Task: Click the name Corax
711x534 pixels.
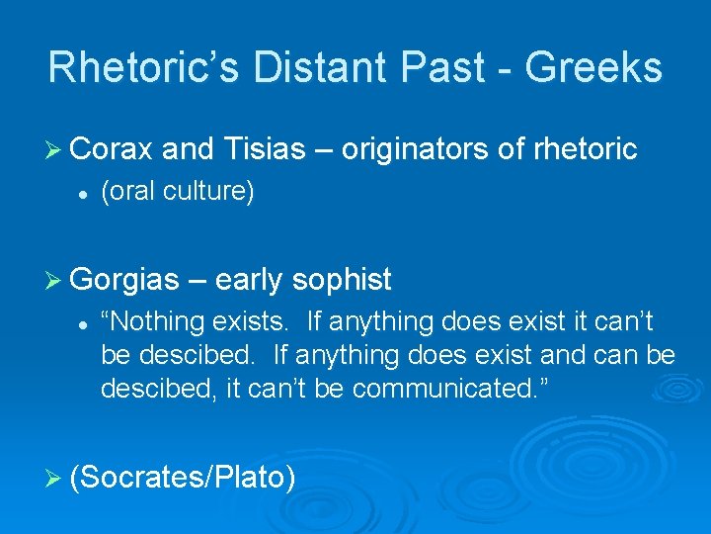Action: (x=113, y=149)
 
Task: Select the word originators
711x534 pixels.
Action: (x=430, y=149)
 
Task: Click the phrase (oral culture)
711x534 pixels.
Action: (x=178, y=192)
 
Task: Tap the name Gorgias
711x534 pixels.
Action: (x=123, y=280)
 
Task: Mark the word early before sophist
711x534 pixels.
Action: (x=247, y=280)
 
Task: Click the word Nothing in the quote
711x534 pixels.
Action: (x=159, y=321)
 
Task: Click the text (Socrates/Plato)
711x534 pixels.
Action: (x=184, y=478)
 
